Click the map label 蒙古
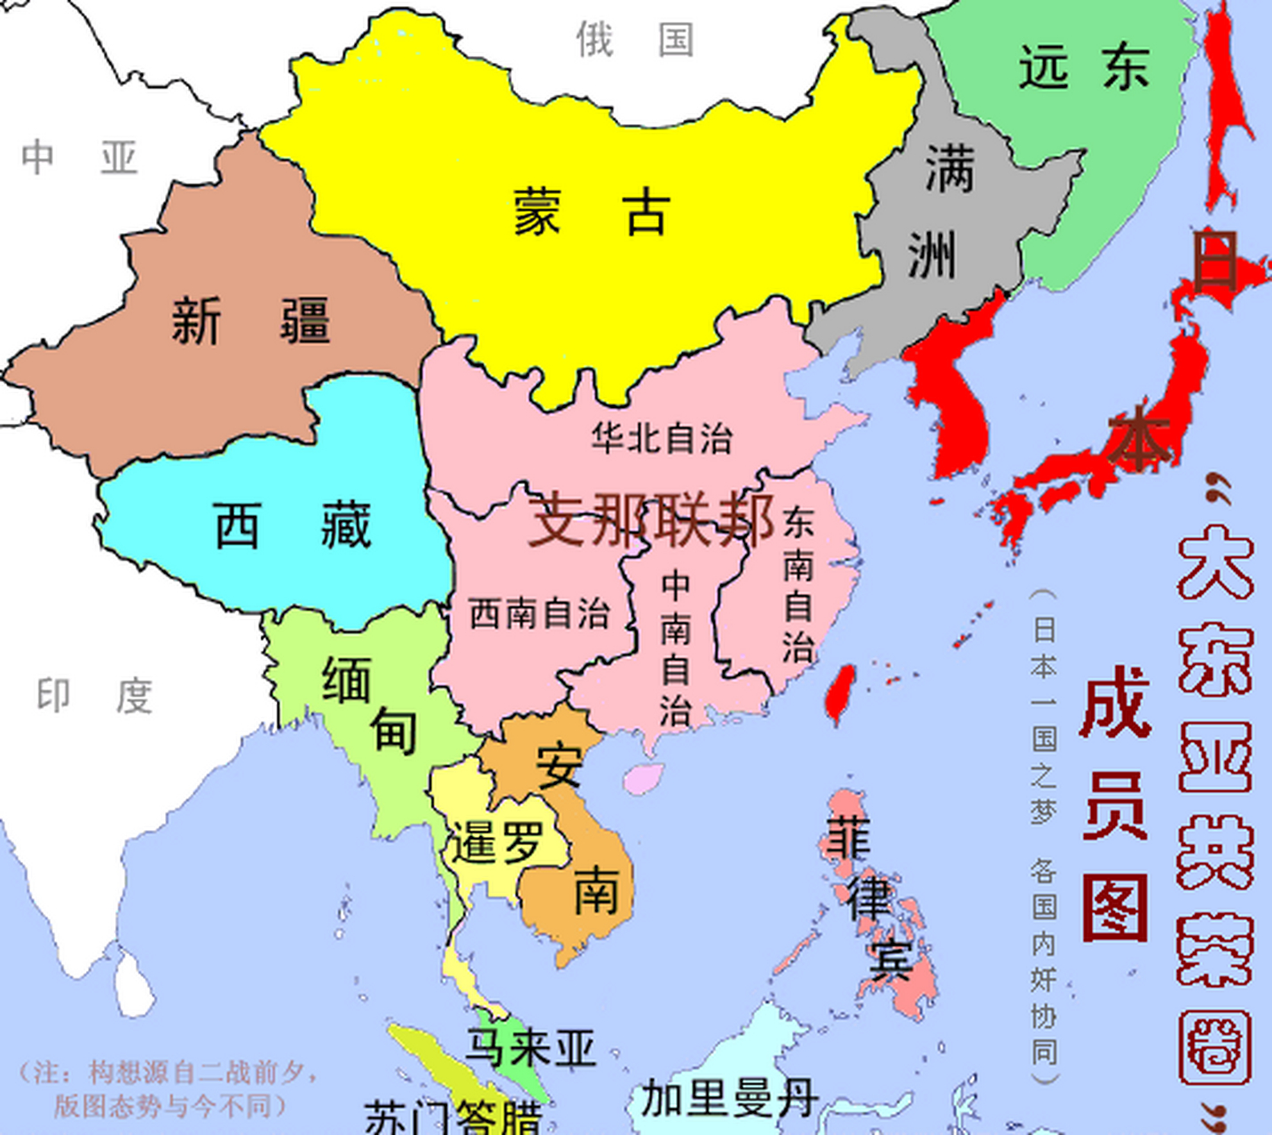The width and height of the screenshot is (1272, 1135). click(590, 212)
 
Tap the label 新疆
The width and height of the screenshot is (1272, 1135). click(251, 320)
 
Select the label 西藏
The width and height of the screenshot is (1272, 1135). click(293, 525)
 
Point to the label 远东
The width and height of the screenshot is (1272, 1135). click(1084, 67)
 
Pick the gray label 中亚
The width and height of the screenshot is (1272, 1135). click(80, 158)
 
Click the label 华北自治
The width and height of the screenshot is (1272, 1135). click(662, 438)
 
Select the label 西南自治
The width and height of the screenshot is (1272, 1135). click(539, 614)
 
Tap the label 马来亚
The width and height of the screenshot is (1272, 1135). click(530, 1048)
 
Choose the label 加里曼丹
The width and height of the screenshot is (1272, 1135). click(729, 1099)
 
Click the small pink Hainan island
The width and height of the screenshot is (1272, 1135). click(642, 778)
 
